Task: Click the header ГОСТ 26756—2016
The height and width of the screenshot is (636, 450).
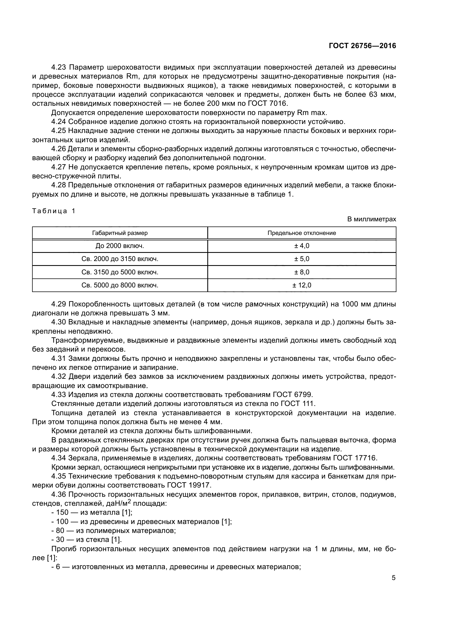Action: pyautogui.click(x=362, y=46)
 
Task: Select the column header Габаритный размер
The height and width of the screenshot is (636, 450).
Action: pyautogui.click(x=120, y=233)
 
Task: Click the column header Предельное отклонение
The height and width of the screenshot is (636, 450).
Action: pyautogui.click(x=301, y=233)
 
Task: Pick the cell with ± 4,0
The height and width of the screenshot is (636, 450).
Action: pyautogui.click(x=301, y=246)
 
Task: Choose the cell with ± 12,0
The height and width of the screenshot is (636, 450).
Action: pyautogui.click(x=301, y=285)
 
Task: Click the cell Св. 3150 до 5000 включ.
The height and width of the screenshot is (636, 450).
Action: pyautogui.click(x=120, y=272)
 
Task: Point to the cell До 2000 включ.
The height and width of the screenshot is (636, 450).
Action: pyautogui.click(x=120, y=246)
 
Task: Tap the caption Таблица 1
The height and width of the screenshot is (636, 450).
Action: pyautogui.click(x=54, y=211)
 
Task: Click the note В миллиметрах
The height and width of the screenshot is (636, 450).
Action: pyautogui.click(x=372, y=219)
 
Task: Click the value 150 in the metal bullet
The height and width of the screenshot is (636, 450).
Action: pyautogui.click(x=62, y=513)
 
